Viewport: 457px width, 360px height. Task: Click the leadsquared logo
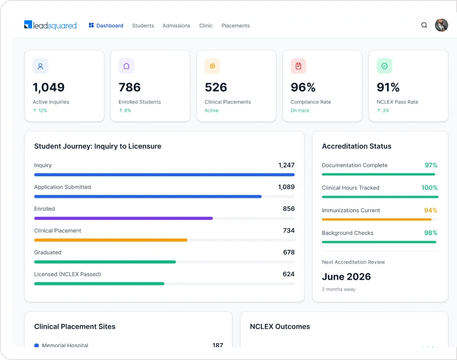(51, 26)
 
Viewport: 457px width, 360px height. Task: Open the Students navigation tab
(143, 26)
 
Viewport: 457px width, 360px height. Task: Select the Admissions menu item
(176, 26)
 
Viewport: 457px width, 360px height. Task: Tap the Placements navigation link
(236, 26)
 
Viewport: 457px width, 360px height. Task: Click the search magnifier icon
(424, 25)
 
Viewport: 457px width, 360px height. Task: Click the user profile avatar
(441, 25)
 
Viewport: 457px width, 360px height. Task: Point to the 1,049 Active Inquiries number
(48, 87)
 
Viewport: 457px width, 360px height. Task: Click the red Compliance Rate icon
(298, 66)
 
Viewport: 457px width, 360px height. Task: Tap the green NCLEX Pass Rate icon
(384, 66)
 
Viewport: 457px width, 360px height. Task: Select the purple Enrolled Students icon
(126, 66)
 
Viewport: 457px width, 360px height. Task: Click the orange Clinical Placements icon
(212, 66)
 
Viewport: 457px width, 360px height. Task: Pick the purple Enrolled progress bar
(123, 218)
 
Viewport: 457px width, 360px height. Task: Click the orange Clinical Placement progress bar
(111, 240)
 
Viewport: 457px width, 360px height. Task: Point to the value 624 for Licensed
(288, 274)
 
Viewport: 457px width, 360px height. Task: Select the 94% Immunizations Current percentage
(430, 210)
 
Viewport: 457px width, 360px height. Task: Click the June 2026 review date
(346, 277)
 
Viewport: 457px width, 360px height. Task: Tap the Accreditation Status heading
(356, 146)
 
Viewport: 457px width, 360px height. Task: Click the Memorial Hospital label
(65, 345)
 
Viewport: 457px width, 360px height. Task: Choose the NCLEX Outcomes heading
(280, 326)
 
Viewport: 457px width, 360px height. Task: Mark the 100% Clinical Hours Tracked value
(429, 188)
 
